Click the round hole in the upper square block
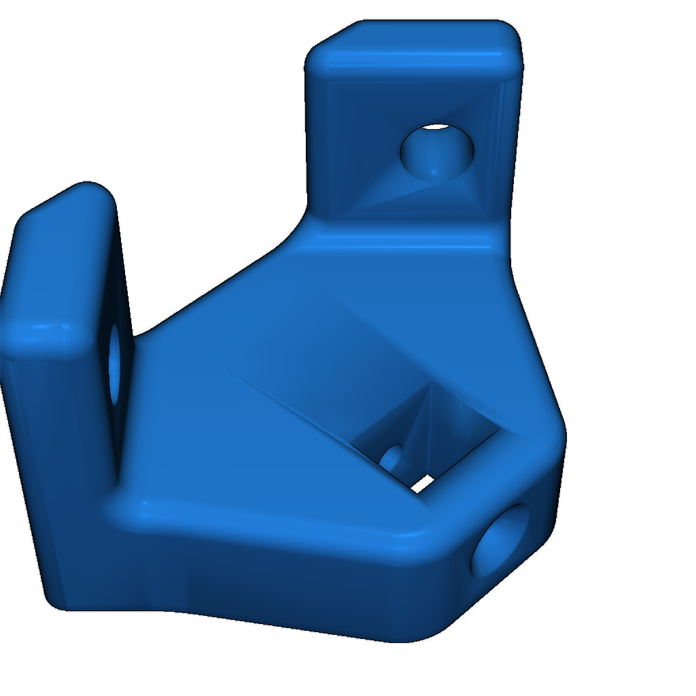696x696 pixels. click(437, 152)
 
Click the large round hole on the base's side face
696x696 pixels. click(503, 540)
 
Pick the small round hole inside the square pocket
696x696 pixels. click(392, 457)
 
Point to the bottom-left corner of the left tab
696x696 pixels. click(54, 602)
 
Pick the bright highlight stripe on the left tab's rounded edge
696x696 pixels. click(44, 330)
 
